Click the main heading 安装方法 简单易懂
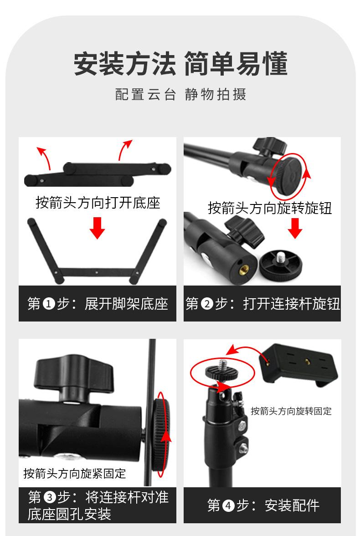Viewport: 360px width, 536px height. [x=180, y=64]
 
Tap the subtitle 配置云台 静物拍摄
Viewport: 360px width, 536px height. [x=180, y=94]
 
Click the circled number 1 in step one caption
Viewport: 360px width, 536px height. [x=49, y=304]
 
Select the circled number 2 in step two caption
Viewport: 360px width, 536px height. [x=207, y=304]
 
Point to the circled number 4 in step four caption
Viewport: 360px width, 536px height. [x=229, y=505]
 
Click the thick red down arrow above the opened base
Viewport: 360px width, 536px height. [x=97, y=228]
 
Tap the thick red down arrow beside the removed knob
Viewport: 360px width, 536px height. [x=295, y=228]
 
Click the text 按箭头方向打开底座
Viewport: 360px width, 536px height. [x=98, y=202]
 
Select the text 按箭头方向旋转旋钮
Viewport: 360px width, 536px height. [x=270, y=208]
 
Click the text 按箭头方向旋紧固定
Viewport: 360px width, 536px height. [x=75, y=474]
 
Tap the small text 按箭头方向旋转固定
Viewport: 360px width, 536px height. [x=291, y=411]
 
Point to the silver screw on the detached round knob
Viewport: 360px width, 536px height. [x=281, y=256]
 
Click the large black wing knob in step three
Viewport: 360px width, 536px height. [x=73, y=375]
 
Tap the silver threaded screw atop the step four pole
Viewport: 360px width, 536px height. [x=223, y=363]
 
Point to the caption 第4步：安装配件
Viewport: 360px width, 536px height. [x=263, y=505]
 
